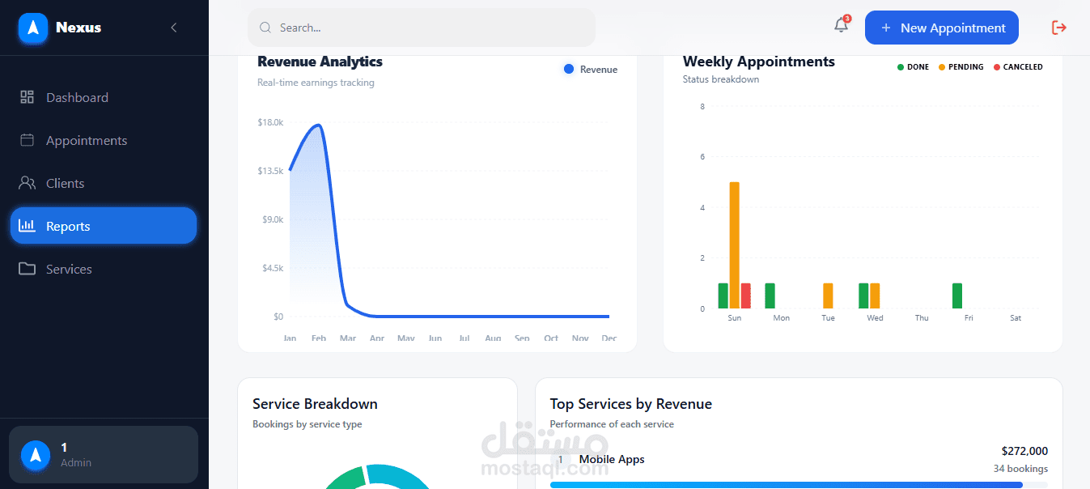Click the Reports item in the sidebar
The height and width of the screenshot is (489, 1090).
[103, 226]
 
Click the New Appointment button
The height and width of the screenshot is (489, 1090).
[941, 28]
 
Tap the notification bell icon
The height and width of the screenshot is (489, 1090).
[841, 26]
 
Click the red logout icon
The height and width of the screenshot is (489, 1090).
[1058, 28]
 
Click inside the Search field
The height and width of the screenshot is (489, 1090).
[421, 28]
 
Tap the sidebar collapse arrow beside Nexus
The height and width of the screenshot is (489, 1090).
[173, 28]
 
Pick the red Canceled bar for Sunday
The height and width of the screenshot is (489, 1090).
[745, 296]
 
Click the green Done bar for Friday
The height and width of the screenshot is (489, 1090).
[957, 296]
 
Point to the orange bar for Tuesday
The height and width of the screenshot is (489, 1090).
[828, 296]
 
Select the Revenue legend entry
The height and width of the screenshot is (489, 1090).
[591, 70]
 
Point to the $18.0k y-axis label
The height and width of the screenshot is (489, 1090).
[269, 122]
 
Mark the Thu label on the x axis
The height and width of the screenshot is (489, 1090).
[922, 318]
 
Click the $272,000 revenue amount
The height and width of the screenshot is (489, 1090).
[1024, 451]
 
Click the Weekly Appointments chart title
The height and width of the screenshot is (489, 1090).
[758, 62]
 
